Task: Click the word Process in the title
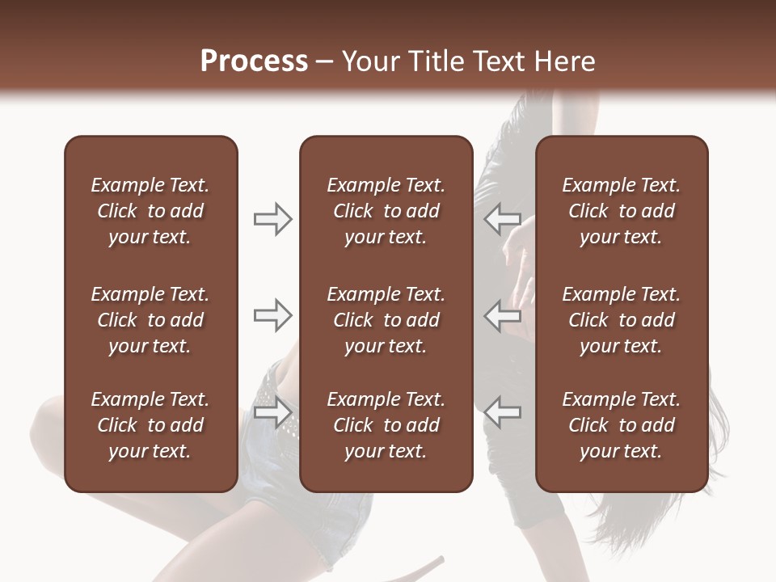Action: tap(254, 61)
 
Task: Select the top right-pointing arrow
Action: tap(273, 218)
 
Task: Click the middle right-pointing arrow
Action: tap(273, 315)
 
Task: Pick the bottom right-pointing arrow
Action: tap(273, 412)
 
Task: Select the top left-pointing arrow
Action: tap(502, 218)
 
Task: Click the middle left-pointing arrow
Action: tap(502, 315)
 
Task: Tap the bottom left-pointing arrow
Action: tap(502, 412)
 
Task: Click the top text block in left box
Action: tap(150, 211)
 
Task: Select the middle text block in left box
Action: tap(150, 320)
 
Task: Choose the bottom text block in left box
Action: tap(150, 425)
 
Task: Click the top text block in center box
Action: tap(386, 211)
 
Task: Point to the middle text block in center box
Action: tap(386, 320)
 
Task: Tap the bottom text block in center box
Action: tap(386, 425)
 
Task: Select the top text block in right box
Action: tap(621, 211)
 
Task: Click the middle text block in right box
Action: tap(621, 320)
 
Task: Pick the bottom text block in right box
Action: tap(621, 425)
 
